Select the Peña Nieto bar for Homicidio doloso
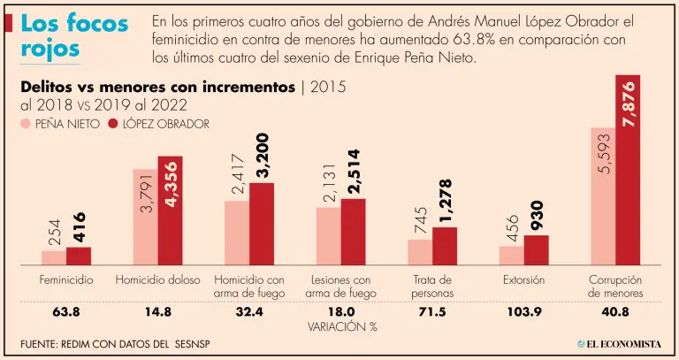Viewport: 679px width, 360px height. (x=145, y=217)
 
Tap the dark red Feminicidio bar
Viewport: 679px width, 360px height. (x=79, y=256)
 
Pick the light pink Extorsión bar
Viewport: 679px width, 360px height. (x=511, y=255)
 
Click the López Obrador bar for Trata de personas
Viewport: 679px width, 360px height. (x=445, y=246)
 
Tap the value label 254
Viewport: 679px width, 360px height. (x=55, y=233)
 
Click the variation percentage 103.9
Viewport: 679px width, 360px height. (x=524, y=311)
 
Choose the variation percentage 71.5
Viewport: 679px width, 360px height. (x=432, y=311)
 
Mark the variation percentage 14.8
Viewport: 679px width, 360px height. (x=157, y=311)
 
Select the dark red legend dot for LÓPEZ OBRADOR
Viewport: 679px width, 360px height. (x=113, y=124)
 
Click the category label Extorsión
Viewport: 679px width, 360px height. (x=524, y=280)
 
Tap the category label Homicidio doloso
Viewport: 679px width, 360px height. (x=157, y=280)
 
